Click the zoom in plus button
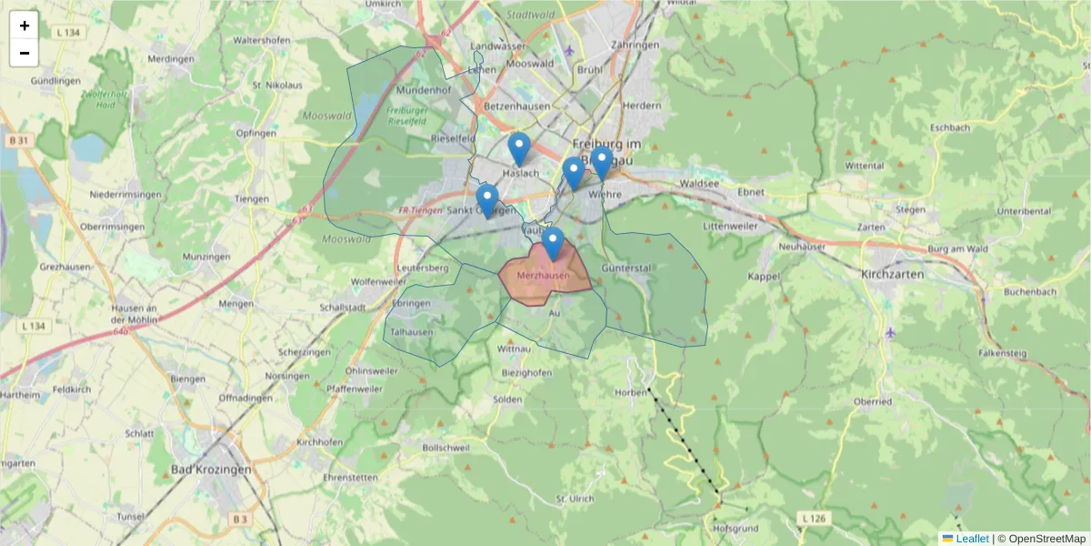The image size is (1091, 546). pos(25,25)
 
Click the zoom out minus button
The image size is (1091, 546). pos(25,53)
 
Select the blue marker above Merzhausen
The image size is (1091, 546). pos(553,244)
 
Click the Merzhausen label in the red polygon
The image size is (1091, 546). pos(542,275)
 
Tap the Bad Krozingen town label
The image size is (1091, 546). pos(210,470)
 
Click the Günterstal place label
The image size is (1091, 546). pos(626,268)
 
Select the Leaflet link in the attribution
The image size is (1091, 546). pos(972,539)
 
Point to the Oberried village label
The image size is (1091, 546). pos(872,400)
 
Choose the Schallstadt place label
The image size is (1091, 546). pos(343,308)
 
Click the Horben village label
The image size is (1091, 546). pos(630,392)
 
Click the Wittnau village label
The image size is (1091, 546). pos(514,349)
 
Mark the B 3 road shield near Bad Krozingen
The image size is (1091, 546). pos(239,518)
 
